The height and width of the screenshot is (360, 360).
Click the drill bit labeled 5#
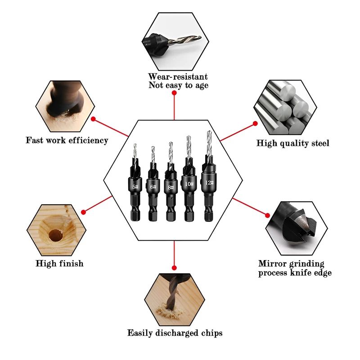[x=135, y=184]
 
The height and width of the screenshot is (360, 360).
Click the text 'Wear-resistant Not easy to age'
[x=178, y=81]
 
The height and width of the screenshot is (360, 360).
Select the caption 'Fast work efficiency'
[x=67, y=140]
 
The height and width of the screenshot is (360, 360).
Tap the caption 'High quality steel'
[x=293, y=143]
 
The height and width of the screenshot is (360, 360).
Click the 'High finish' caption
[x=59, y=263]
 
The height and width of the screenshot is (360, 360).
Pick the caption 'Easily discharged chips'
[x=175, y=333]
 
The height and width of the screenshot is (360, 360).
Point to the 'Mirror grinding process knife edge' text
[x=295, y=268]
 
